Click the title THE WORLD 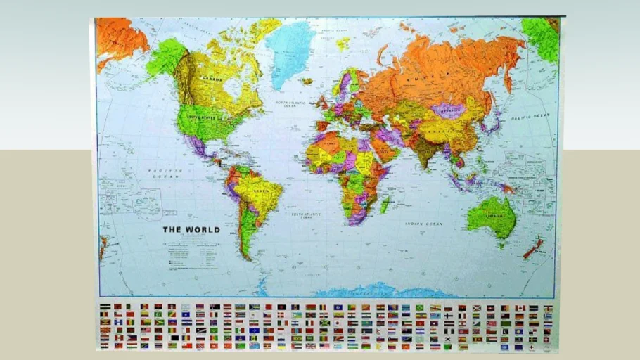(191, 229)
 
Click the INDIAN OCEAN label (423, 224)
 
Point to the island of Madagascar (385, 204)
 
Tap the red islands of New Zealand (532, 247)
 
